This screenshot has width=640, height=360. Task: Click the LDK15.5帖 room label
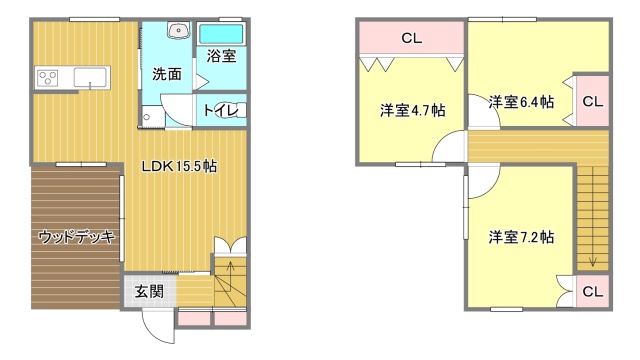pos(178,166)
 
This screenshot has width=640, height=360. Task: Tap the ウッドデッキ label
pos(76,237)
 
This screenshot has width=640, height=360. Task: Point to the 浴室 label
pos(221,57)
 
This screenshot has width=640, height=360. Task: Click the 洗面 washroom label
pos(166,73)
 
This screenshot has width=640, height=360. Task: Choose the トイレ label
pos(220,111)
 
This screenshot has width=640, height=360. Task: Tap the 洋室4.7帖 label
pos(412,109)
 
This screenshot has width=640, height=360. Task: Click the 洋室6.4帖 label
pos(521,101)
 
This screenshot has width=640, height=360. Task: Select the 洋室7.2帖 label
pos(521,237)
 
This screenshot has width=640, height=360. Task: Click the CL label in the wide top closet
pos(410,39)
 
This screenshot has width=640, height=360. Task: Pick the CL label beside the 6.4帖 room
pos(592,101)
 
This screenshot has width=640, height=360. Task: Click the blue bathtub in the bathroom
pos(221,34)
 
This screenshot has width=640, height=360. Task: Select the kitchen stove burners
pos(47,77)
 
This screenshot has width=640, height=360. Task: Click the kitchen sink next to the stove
pos(89,77)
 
